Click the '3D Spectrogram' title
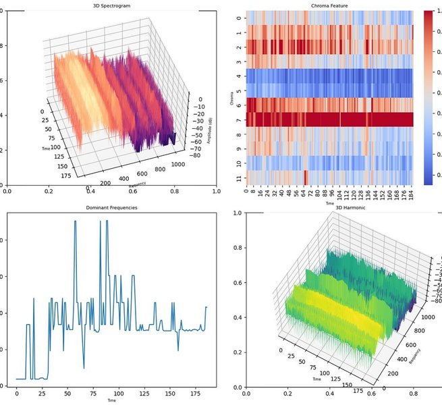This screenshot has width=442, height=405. click(x=111, y=5)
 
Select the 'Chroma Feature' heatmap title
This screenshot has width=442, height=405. click(x=329, y=5)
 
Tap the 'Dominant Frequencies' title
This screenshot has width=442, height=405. click(x=112, y=208)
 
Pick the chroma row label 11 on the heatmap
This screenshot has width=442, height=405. click(x=238, y=178)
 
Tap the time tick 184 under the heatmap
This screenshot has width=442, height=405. click(x=409, y=195)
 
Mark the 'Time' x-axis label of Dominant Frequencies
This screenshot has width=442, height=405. click(x=111, y=400)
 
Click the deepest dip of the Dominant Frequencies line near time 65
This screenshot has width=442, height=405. click(x=84, y=369)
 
